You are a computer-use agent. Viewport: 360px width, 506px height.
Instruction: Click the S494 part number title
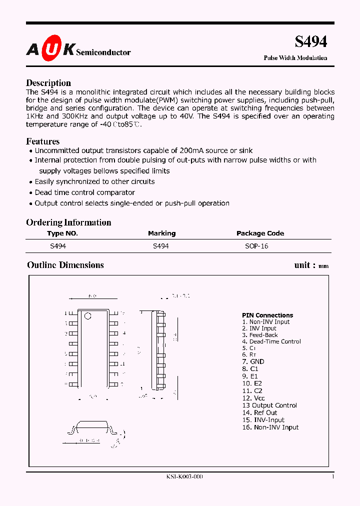pos(310,42)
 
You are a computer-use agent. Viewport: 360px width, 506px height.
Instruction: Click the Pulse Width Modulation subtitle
pos(295,58)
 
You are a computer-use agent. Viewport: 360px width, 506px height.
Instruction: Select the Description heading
pos(48,83)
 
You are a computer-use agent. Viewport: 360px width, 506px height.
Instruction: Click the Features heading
pos(42,141)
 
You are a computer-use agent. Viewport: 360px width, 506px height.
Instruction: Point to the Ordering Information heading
pos(68,222)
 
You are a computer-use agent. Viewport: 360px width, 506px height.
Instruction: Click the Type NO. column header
pos(62,233)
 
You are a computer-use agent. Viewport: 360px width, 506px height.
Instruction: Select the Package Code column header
pos(260,233)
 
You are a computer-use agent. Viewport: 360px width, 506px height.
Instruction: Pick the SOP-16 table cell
pos(256,246)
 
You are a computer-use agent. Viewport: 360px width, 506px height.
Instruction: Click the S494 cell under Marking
pos(160,246)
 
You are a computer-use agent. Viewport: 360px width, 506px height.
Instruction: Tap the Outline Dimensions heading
pos(65,265)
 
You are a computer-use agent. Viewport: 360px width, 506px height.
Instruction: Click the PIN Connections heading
pos(267,315)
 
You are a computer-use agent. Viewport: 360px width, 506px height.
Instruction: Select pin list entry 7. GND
pos(253,361)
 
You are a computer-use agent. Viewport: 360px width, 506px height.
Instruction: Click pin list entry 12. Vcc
pos(253,398)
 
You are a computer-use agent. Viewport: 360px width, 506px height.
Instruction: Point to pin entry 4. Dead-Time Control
pos(271,341)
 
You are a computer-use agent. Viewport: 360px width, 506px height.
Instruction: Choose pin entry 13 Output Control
pos(269,405)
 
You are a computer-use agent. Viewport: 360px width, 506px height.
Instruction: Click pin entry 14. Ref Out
pos(259,412)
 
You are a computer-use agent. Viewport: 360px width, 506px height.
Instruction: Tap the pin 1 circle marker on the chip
pos(88,315)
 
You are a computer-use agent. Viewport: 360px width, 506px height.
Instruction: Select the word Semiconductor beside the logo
pos(103,52)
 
